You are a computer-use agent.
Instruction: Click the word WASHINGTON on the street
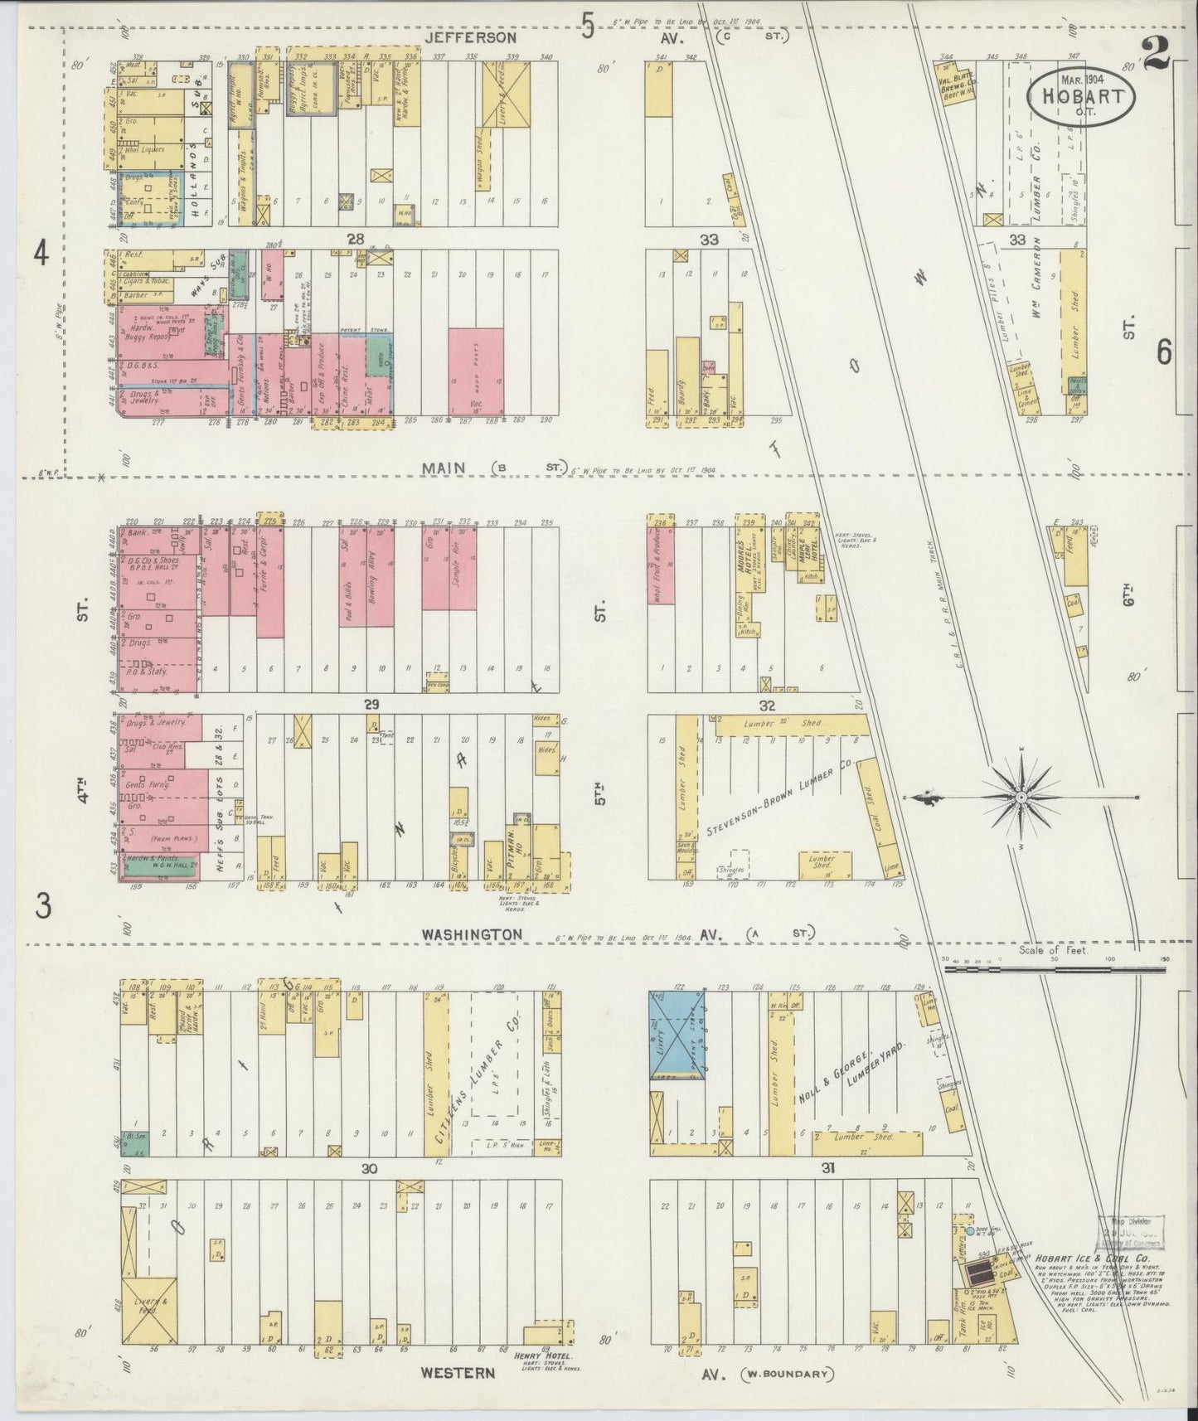tap(472, 934)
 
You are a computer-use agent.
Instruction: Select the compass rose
tap(1021, 798)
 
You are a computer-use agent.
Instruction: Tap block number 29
tap(371, 703)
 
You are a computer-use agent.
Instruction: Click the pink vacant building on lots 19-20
tap(476, 371)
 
